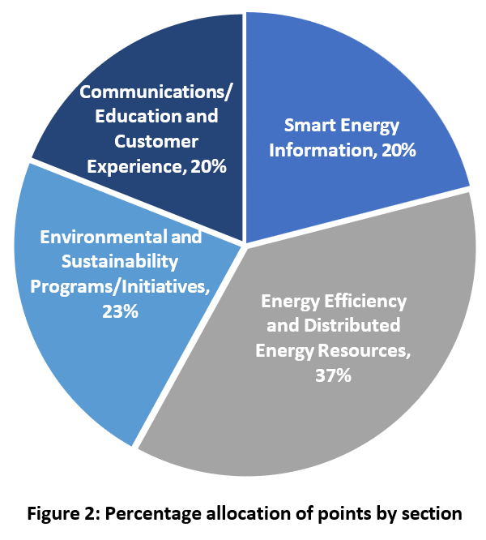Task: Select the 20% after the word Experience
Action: (x=207, y=167)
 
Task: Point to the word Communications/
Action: (x=154, y=90)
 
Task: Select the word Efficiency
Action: (x=365, y=302)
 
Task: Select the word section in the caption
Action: (x=435, y=513)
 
